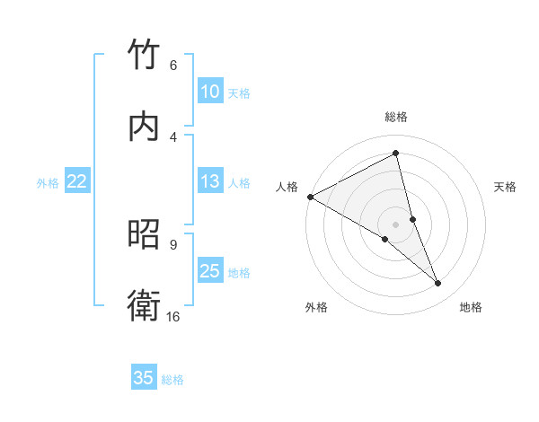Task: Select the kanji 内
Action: point(144,127)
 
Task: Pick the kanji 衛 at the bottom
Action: point(144,305)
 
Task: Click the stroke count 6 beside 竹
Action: point(172,66)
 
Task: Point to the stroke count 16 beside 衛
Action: point(172,316)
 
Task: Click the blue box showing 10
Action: point(209,92)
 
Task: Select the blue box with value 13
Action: point(209,182)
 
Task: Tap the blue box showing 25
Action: point(209,271)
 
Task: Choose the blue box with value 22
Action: point(77,181)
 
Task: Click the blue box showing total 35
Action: point(144,378)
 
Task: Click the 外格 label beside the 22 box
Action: point(48,183)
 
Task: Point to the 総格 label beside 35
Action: point(172,380)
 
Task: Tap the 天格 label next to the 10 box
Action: point(239,93)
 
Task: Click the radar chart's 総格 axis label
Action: point(396,117)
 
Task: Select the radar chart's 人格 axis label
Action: point(287,187)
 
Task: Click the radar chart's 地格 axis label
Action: point(471,308)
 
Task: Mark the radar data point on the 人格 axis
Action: point(310,197)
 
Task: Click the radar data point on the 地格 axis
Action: point(438,284)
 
